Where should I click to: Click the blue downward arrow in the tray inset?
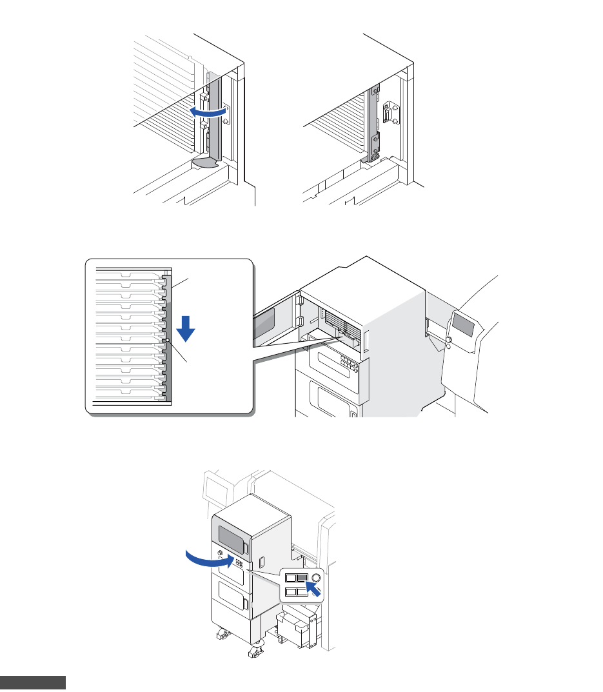click(x=186, y=328)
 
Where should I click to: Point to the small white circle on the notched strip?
click(x=167, y=341)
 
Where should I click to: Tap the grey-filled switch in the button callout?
click(x=302, y=578)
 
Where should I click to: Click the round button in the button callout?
click(x=315, y=578)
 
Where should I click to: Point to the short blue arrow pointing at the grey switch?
click(x=312, y=587)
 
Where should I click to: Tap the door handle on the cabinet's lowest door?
click(x=246, y=604)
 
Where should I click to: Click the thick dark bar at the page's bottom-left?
click(x=33, y=683)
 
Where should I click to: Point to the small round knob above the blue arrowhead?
click(x=221, y=553)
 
